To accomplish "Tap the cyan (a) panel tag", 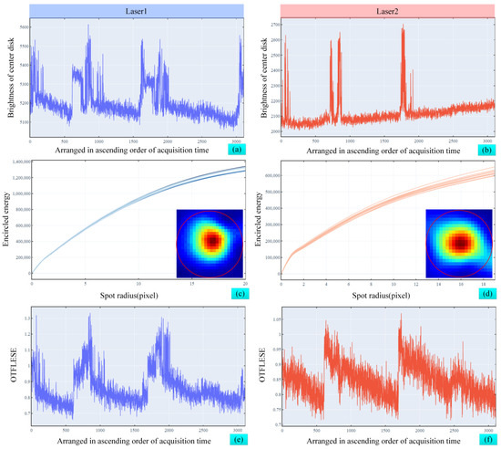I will [232, 146].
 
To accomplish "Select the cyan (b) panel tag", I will [484, 146].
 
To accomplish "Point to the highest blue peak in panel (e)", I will [88, 316].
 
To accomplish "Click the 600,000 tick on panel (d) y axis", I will [271, 173].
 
